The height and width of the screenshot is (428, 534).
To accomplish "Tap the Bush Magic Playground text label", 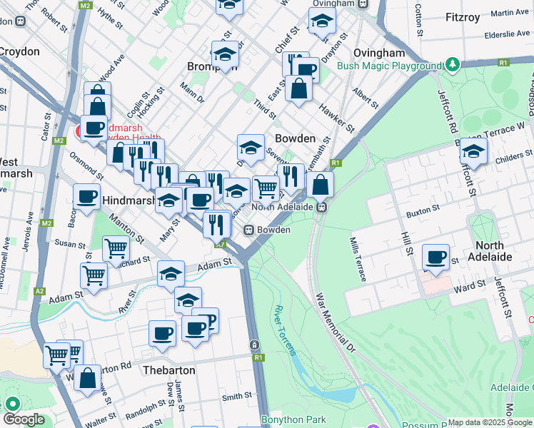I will pos(390,66).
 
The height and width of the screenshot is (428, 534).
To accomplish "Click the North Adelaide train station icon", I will pos(322,207).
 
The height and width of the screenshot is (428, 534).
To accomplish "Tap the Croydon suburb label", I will pos(19,51).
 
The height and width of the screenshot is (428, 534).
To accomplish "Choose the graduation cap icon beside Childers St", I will pos(473,151).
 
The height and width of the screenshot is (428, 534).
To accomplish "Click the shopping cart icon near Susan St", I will pos(116,249).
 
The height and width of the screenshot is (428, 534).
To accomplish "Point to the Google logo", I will pos(24,419).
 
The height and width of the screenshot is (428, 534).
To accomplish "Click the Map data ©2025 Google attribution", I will pos(490,422).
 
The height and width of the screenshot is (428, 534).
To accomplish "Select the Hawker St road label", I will pos(336,118).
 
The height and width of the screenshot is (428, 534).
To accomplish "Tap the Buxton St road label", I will pos(422,211).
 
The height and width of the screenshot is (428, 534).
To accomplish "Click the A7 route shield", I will pos(221,245).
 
